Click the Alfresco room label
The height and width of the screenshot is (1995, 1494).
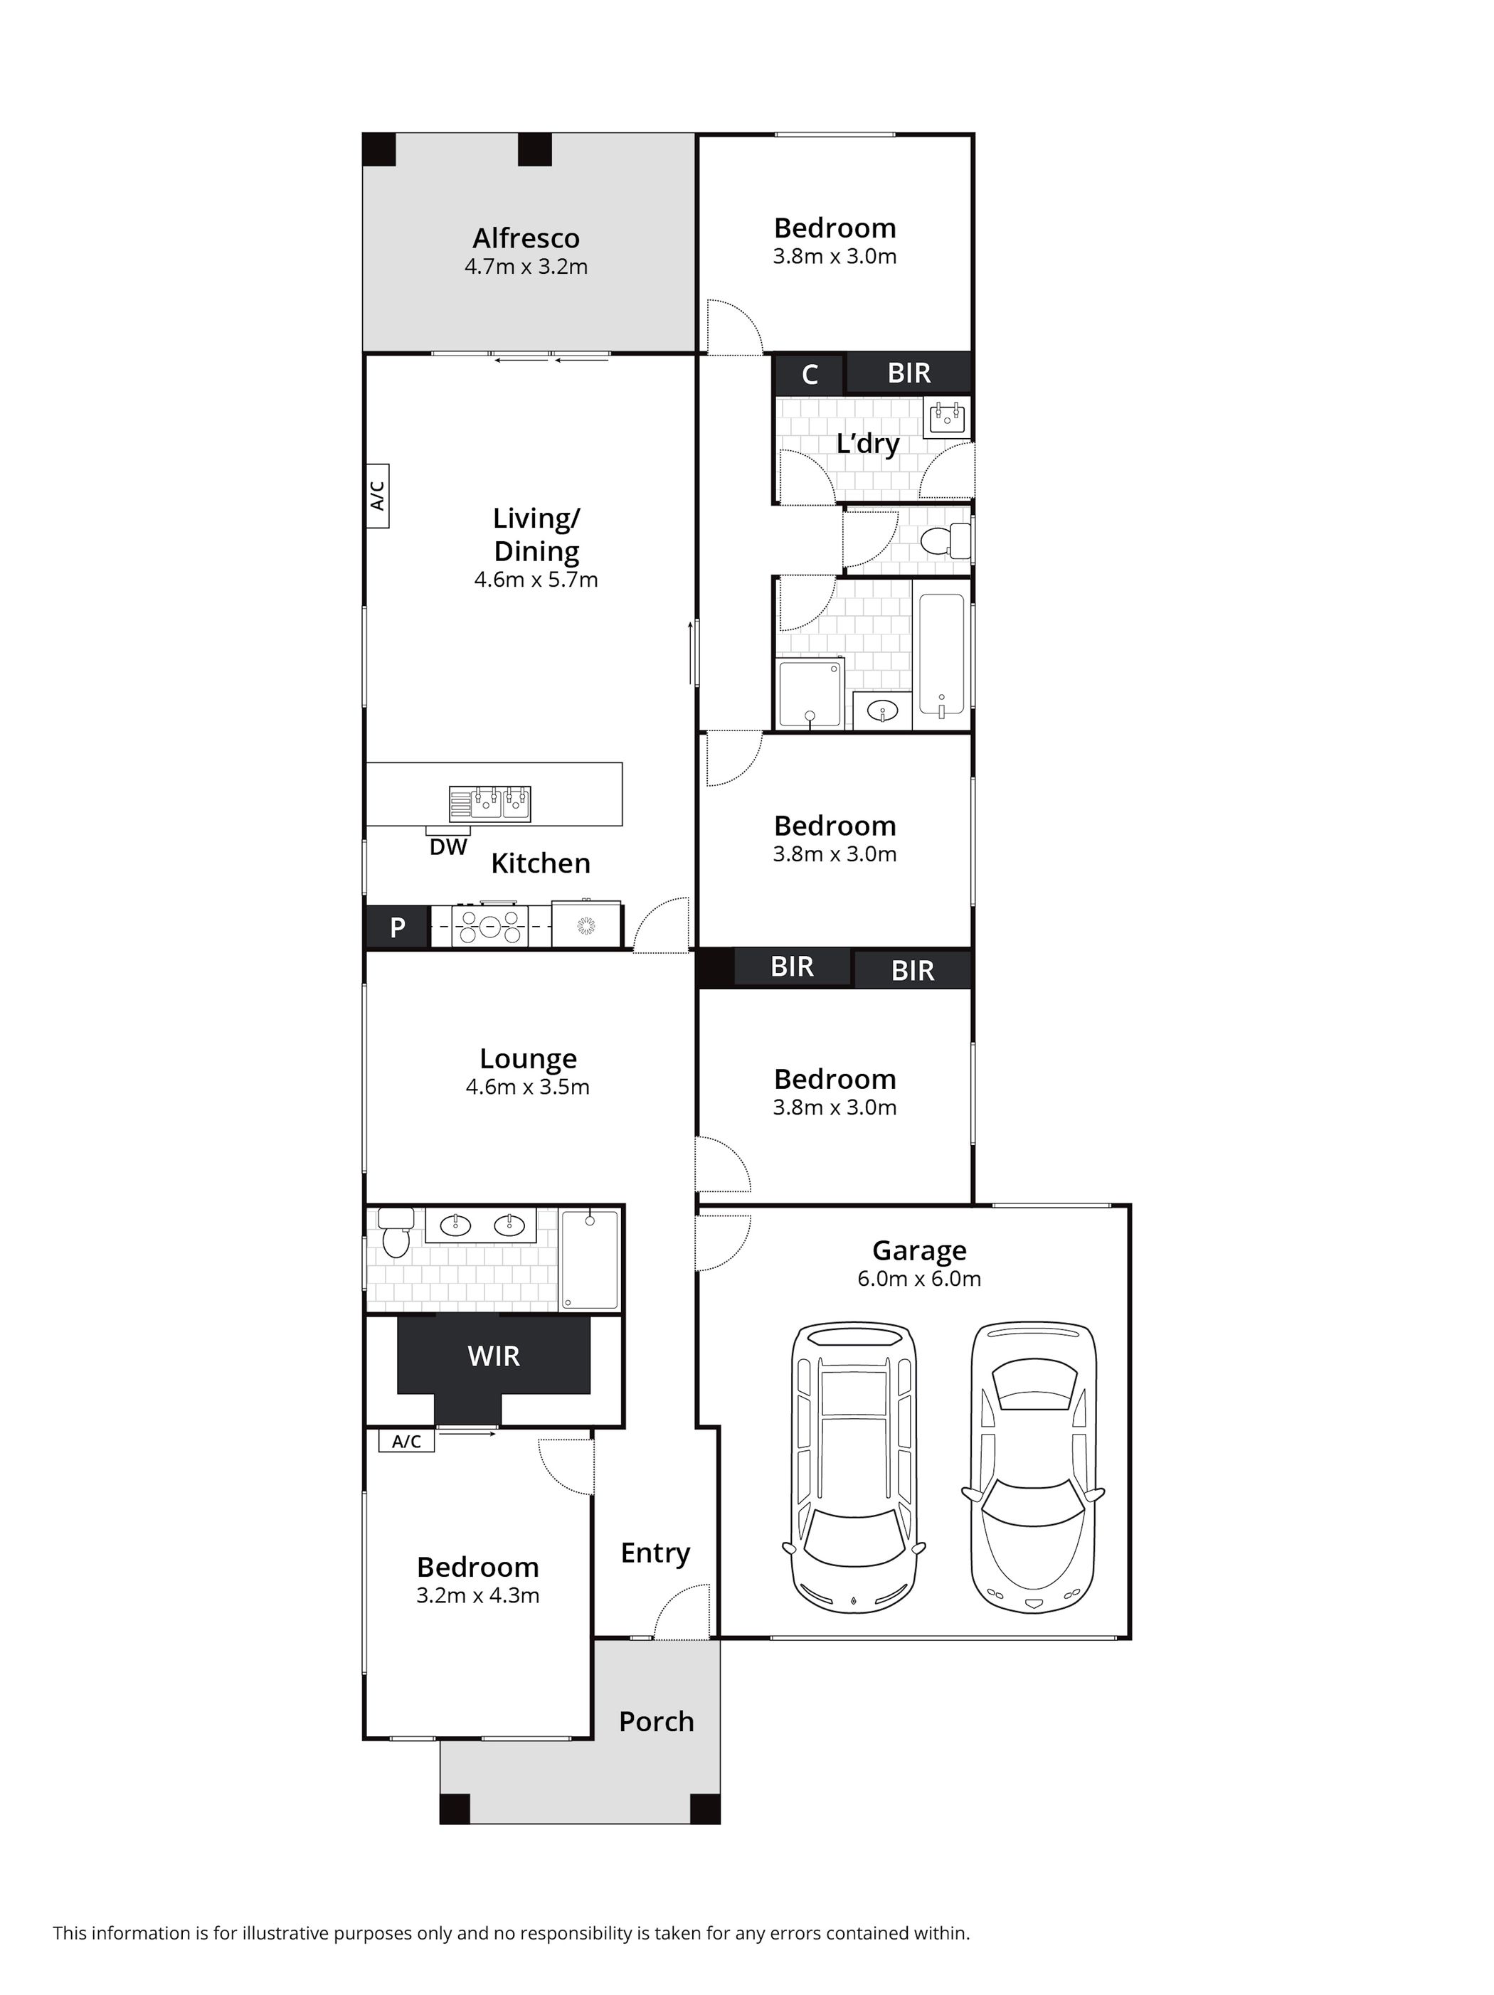click(526, 238)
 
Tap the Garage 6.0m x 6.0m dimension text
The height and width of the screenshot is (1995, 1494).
click(918, 1278)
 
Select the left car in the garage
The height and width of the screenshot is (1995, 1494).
click(852, 1467)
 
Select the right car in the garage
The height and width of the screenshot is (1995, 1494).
click(1033, 1467)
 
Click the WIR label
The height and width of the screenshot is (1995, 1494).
click(494, 1356)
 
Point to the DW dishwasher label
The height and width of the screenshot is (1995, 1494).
click(448, 847)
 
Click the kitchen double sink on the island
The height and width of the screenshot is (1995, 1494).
click(490, 804)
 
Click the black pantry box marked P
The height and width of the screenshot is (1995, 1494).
click(397, 927)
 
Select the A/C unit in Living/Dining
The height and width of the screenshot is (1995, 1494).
click(377, 495)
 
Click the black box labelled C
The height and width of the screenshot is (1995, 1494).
click(810, 374)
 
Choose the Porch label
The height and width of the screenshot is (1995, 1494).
click(656, 1722)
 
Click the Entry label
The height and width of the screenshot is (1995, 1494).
click(655, 1553)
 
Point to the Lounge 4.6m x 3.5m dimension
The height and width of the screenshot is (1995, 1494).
click(528, 1087)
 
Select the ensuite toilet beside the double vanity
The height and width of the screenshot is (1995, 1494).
click(395, 1232)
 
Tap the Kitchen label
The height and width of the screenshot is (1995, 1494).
click(541, 863)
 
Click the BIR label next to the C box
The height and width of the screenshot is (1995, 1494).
click(908, 373)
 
